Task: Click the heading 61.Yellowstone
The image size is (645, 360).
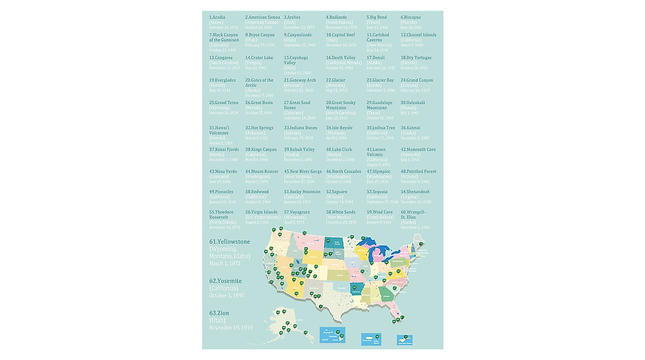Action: coord(230,242)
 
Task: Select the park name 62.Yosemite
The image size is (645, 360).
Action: coord(226,281)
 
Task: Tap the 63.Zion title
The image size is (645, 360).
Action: coord(219,313)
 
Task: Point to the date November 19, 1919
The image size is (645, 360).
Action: coord(231,327)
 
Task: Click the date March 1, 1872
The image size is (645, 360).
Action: coord(225,263)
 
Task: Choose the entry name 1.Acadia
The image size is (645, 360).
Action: coord(217,17)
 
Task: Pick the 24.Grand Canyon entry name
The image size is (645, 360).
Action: coord(417,80)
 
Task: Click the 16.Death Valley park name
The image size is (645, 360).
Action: coord(341,57)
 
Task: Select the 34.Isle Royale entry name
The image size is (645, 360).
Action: coord(339,128)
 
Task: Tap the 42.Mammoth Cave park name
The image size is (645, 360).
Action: coord(418,149)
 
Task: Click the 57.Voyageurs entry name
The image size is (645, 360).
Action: coord(297,212)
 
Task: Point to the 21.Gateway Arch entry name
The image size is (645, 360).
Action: coord(300,80)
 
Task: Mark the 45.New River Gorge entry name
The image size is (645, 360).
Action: coord(303,171)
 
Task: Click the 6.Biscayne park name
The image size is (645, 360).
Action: coord(411,17)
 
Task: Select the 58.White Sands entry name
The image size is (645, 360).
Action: coord(340,212)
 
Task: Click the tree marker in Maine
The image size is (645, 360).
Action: coord(421,244)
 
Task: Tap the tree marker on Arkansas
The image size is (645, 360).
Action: coord(354,287)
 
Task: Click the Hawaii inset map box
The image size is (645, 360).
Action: coord(332,335)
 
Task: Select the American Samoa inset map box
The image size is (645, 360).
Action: coord(404,340)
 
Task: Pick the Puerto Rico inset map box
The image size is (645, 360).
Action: coord(370,338)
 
